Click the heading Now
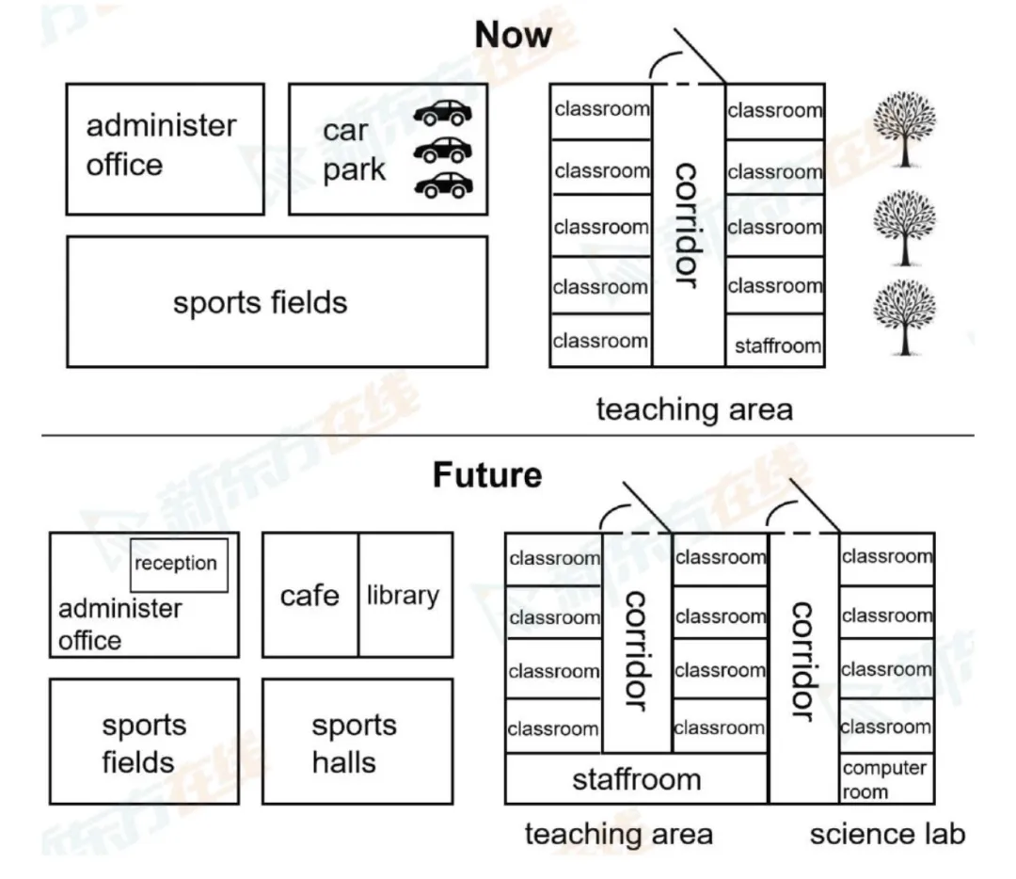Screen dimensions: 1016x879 (513, 36)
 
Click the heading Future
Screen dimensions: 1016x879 (487, 474)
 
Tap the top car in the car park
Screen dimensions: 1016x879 (444, 113)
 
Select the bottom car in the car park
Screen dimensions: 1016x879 (444, 185)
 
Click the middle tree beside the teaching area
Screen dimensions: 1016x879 (905, 226)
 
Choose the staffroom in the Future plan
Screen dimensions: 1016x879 (637, 779)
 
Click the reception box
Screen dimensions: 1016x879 (178, 565)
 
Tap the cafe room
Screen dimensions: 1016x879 (310, 596)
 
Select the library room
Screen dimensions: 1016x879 (404, 596)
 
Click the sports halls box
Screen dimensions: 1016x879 (356, 743)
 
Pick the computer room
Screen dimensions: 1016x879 (885, 779)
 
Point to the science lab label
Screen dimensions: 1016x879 (887, 834)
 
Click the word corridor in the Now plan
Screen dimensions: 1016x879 (688, 226)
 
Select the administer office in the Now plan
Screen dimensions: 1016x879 (164, 148)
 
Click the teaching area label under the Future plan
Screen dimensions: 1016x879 (618, 834)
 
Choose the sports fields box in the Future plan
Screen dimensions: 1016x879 (143, 743)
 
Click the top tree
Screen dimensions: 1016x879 (905, 129)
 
